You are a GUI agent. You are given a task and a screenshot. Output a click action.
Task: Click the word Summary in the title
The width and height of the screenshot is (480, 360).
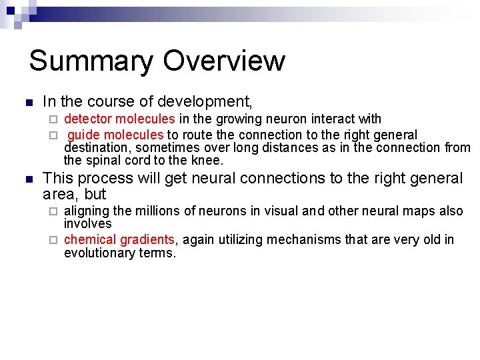[91, 61]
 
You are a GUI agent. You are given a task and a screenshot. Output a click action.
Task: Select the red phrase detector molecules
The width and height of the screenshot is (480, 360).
[119, 119]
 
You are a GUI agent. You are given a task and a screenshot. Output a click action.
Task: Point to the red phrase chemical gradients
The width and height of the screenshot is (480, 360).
[119, 239]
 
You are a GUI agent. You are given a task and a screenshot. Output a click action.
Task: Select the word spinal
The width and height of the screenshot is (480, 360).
[105, 160]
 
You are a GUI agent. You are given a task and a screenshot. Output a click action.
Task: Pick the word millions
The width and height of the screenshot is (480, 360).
[158, 211]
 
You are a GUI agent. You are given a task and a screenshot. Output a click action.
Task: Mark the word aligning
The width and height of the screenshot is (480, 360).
[86, 211]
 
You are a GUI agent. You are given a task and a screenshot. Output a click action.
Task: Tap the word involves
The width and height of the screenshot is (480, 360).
[87, 224]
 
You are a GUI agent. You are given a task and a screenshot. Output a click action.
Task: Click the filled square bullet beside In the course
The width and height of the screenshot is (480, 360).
[27, 103]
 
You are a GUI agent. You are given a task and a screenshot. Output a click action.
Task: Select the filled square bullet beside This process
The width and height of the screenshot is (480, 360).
[27, 179]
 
